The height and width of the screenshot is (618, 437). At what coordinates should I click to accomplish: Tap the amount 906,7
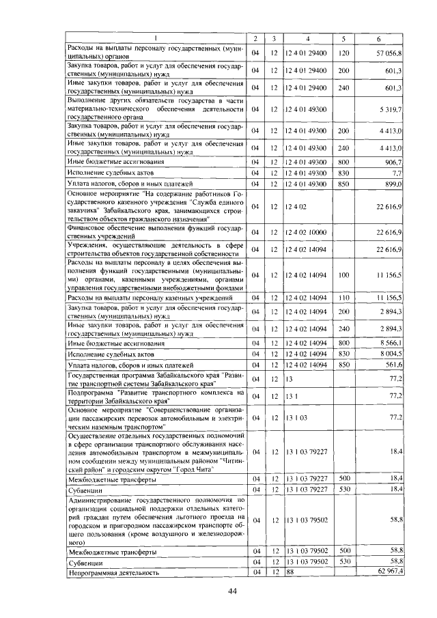(x=395, y=162)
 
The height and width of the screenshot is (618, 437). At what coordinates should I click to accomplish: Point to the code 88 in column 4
(x=290, y=571)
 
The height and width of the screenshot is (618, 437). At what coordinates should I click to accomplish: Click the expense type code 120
(x=344, y=53)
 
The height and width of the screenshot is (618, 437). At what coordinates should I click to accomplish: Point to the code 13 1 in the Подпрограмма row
(x=291, y=396)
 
